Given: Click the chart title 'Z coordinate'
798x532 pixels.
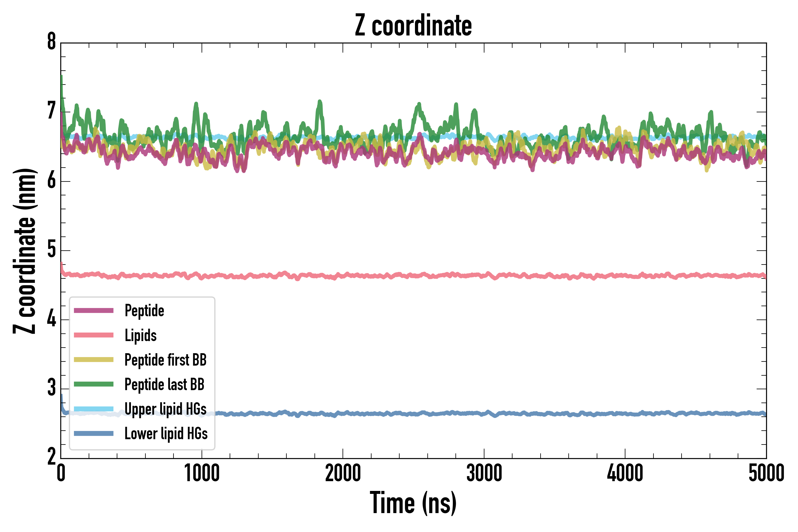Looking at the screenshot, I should pos(413,26).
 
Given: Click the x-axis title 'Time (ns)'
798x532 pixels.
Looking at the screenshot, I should pos(413,502).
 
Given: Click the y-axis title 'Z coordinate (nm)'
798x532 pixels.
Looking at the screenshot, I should pos(25,251).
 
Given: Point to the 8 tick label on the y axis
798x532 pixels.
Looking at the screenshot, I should pos(51,42).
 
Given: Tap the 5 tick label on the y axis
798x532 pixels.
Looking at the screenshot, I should pos(51,250).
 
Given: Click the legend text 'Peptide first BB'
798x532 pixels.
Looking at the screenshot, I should pos(165,360).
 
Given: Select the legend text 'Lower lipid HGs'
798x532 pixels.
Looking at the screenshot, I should pos(166,434).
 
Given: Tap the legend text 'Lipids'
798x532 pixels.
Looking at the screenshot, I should pos(140,335).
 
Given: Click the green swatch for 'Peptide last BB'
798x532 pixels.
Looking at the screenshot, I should pos(94,384).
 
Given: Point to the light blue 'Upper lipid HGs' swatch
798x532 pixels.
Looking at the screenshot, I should pos(94,409).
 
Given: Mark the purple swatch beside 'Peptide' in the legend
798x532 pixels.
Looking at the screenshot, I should pos(94,310).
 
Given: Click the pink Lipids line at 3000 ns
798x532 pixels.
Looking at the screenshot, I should pos(484,275).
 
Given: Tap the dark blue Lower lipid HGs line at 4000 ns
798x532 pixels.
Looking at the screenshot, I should pos(625,413).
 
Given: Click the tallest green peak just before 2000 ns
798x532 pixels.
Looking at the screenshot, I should pos(319,102).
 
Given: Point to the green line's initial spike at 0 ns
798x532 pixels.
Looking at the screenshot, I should pos(61,77).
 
